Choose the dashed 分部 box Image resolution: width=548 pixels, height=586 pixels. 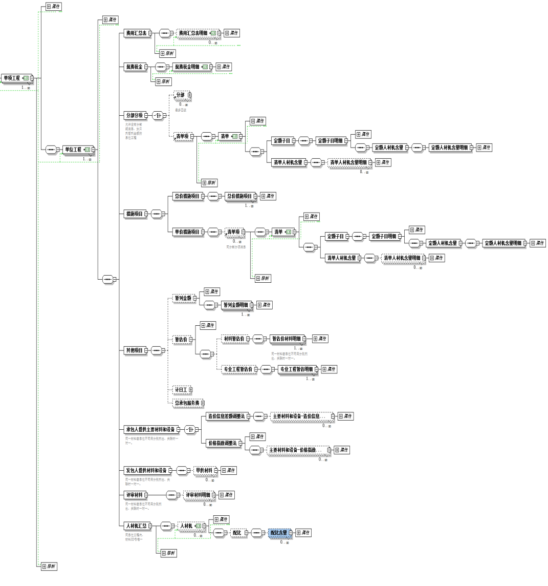[x=181, y=95]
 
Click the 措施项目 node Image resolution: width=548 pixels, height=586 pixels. [x=135, y=214]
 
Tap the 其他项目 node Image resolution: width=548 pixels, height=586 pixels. [x=135, y=350]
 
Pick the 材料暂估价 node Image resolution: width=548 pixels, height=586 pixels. [x=235, y=339]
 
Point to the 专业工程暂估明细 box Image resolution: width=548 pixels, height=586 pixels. [x=297, y=369]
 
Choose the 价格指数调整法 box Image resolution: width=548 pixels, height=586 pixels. [x=223, y=443]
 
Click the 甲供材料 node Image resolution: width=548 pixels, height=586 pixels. [x=205, y=470]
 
